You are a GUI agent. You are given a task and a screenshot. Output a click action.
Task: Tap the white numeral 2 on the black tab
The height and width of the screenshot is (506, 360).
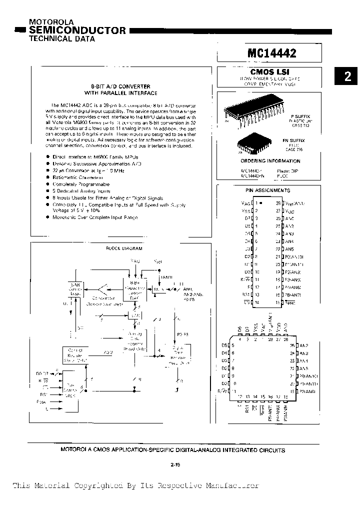pos(347,76)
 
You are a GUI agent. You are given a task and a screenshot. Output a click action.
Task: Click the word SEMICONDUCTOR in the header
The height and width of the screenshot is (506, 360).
pos(77,30)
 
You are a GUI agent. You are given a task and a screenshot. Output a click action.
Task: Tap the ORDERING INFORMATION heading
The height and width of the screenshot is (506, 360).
pos(270,161)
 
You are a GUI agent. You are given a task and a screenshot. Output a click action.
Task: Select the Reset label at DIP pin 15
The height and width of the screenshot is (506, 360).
pos(291,303)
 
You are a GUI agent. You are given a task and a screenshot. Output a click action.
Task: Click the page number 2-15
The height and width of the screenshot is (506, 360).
pos(175,465)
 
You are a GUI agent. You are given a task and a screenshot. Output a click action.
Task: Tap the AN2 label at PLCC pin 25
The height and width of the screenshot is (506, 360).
pos(303,345)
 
